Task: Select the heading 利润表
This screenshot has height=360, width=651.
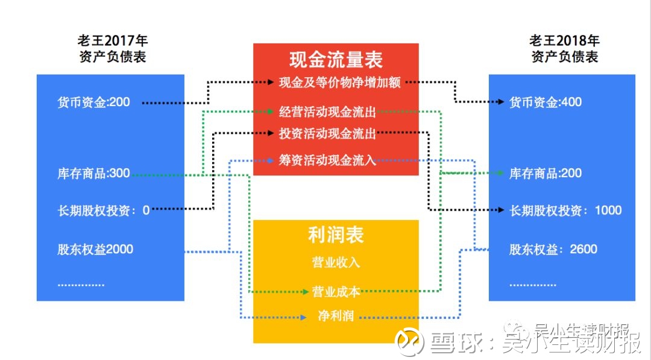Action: pos(336,235)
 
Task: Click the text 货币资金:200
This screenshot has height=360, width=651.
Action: pos(93,102)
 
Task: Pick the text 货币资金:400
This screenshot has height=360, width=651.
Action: pos(546,102)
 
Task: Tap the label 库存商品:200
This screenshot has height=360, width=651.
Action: pos(546,174)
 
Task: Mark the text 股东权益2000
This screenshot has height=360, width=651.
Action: pos(95,249)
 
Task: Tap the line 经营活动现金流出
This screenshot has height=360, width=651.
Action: pos(328,112)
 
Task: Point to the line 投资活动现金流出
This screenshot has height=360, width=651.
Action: pos(328,133)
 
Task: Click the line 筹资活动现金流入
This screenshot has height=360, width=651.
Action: pos(328,160)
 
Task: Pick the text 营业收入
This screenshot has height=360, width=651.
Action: pos(336,263)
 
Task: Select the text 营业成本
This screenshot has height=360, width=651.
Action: pos(336,292)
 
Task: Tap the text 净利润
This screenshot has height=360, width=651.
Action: pos(336,316)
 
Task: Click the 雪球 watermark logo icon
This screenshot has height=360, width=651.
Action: pos(408,341)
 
